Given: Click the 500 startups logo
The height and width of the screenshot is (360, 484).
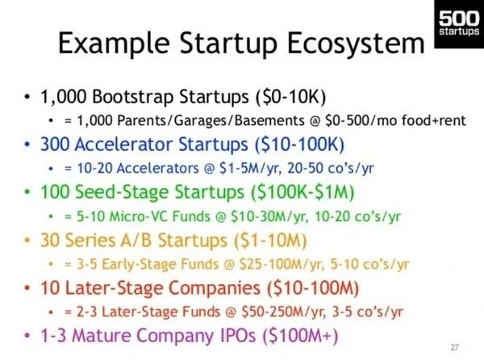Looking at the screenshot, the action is click(459, 24).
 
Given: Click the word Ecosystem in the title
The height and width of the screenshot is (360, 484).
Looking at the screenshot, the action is click(356, 43).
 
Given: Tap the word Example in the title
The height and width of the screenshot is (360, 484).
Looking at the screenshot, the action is click(114, 44).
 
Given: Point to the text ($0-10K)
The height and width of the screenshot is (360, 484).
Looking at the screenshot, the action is click(290, 96).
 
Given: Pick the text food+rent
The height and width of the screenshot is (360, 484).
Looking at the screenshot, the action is click(434, 120).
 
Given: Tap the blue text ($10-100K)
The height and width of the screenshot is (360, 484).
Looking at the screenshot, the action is click(299, 144).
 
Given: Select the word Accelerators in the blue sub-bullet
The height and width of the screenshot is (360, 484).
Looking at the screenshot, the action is click(158, 168).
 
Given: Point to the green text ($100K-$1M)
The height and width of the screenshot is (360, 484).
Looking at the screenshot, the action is click(302, 192).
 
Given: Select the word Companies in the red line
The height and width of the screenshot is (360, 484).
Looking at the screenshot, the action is click(215, 288).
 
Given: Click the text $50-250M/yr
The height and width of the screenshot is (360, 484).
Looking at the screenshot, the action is click(284, 312).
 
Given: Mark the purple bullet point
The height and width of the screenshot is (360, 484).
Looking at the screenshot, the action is click(27, 335).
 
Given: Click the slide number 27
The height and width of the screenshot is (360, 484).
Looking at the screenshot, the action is click(454, 348).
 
